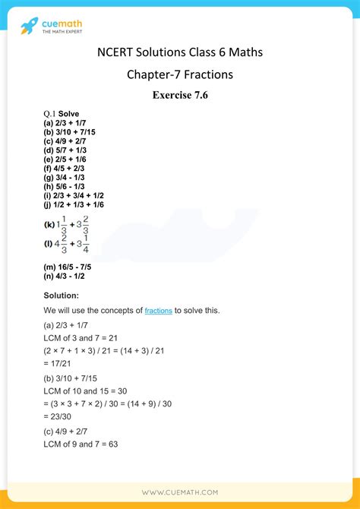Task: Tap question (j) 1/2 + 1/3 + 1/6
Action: (74, 205)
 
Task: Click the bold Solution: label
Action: (62, 294)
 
